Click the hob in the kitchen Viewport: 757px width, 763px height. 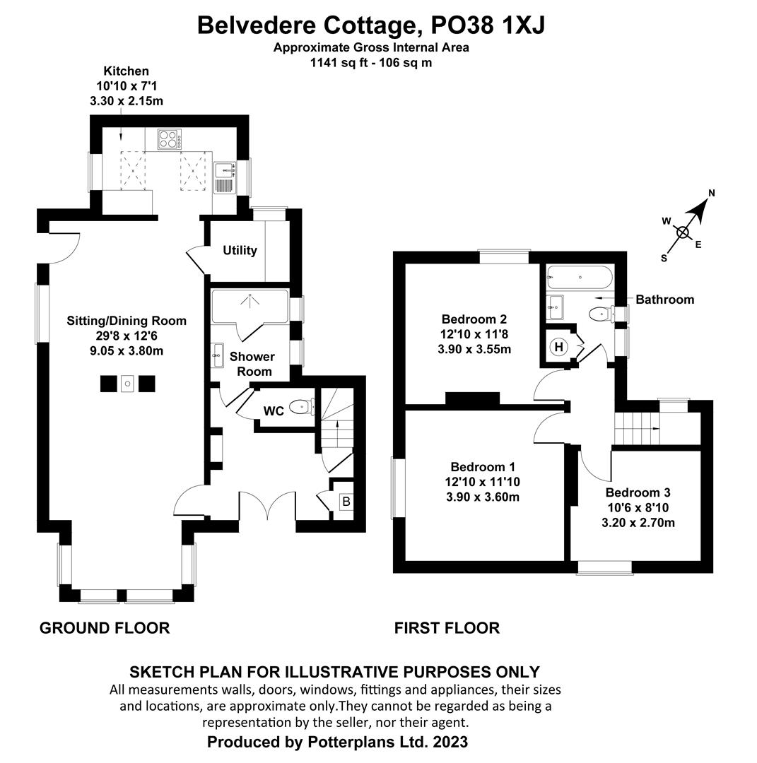pos(169,138)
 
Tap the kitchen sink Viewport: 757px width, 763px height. pos(225,175)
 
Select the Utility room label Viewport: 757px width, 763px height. pos(240,251)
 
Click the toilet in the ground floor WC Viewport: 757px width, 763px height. pos(302,406)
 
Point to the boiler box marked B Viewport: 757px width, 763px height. pos(346,502)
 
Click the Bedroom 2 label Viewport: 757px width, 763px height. pos(474,319)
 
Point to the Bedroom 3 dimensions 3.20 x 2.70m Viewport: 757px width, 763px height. pos(638,524)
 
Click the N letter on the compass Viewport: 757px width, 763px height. pos(712,193)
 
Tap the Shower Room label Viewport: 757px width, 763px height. pos(252,364)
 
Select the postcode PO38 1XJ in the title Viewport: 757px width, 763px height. pos(483,25)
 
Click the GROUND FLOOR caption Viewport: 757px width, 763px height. pos(105,628)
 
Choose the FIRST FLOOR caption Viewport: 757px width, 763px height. pos(447,628)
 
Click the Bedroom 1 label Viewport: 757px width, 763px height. pos(483,467)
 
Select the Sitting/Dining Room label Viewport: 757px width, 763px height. pos(127,321)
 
